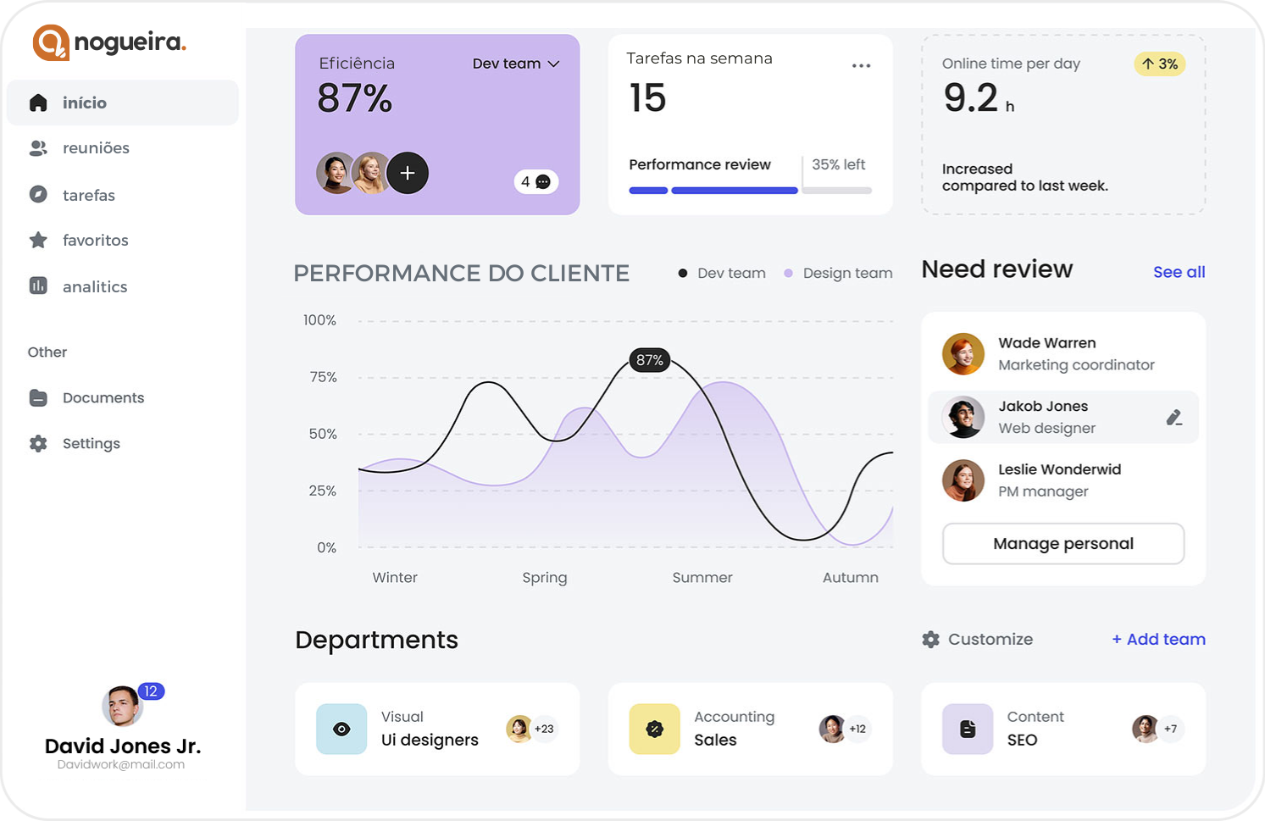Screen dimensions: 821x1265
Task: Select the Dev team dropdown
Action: (x=516, y=64)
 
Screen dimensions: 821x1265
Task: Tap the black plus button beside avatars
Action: (x=408, y=173)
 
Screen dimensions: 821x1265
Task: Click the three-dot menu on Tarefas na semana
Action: (x=861, y=65)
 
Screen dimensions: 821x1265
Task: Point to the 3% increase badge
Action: (x=1159, y=64)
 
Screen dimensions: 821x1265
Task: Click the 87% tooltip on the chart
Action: (x=650, y=360)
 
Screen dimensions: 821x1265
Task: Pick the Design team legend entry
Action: (x=838, y=273)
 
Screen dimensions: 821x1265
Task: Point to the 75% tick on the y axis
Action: (x=323, y=377)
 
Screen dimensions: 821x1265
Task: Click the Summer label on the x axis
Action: (x=702, y=577)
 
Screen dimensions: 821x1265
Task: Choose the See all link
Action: (x=1179, y=272)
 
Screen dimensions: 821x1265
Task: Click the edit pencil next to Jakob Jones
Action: (x=1173, y=417)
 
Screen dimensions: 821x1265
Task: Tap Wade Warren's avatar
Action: (x=963, y=354)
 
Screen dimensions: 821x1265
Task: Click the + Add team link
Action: (x=1158, y=639)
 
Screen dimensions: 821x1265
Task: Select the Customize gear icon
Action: (x=931, y=640)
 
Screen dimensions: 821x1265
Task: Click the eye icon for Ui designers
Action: (x=341, y=729)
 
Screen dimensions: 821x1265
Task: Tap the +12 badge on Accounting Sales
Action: (x=857, y=729)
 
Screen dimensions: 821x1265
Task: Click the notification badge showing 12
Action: (x=151, y=691)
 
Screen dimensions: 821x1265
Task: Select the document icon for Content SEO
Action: (x=968, y=729)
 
